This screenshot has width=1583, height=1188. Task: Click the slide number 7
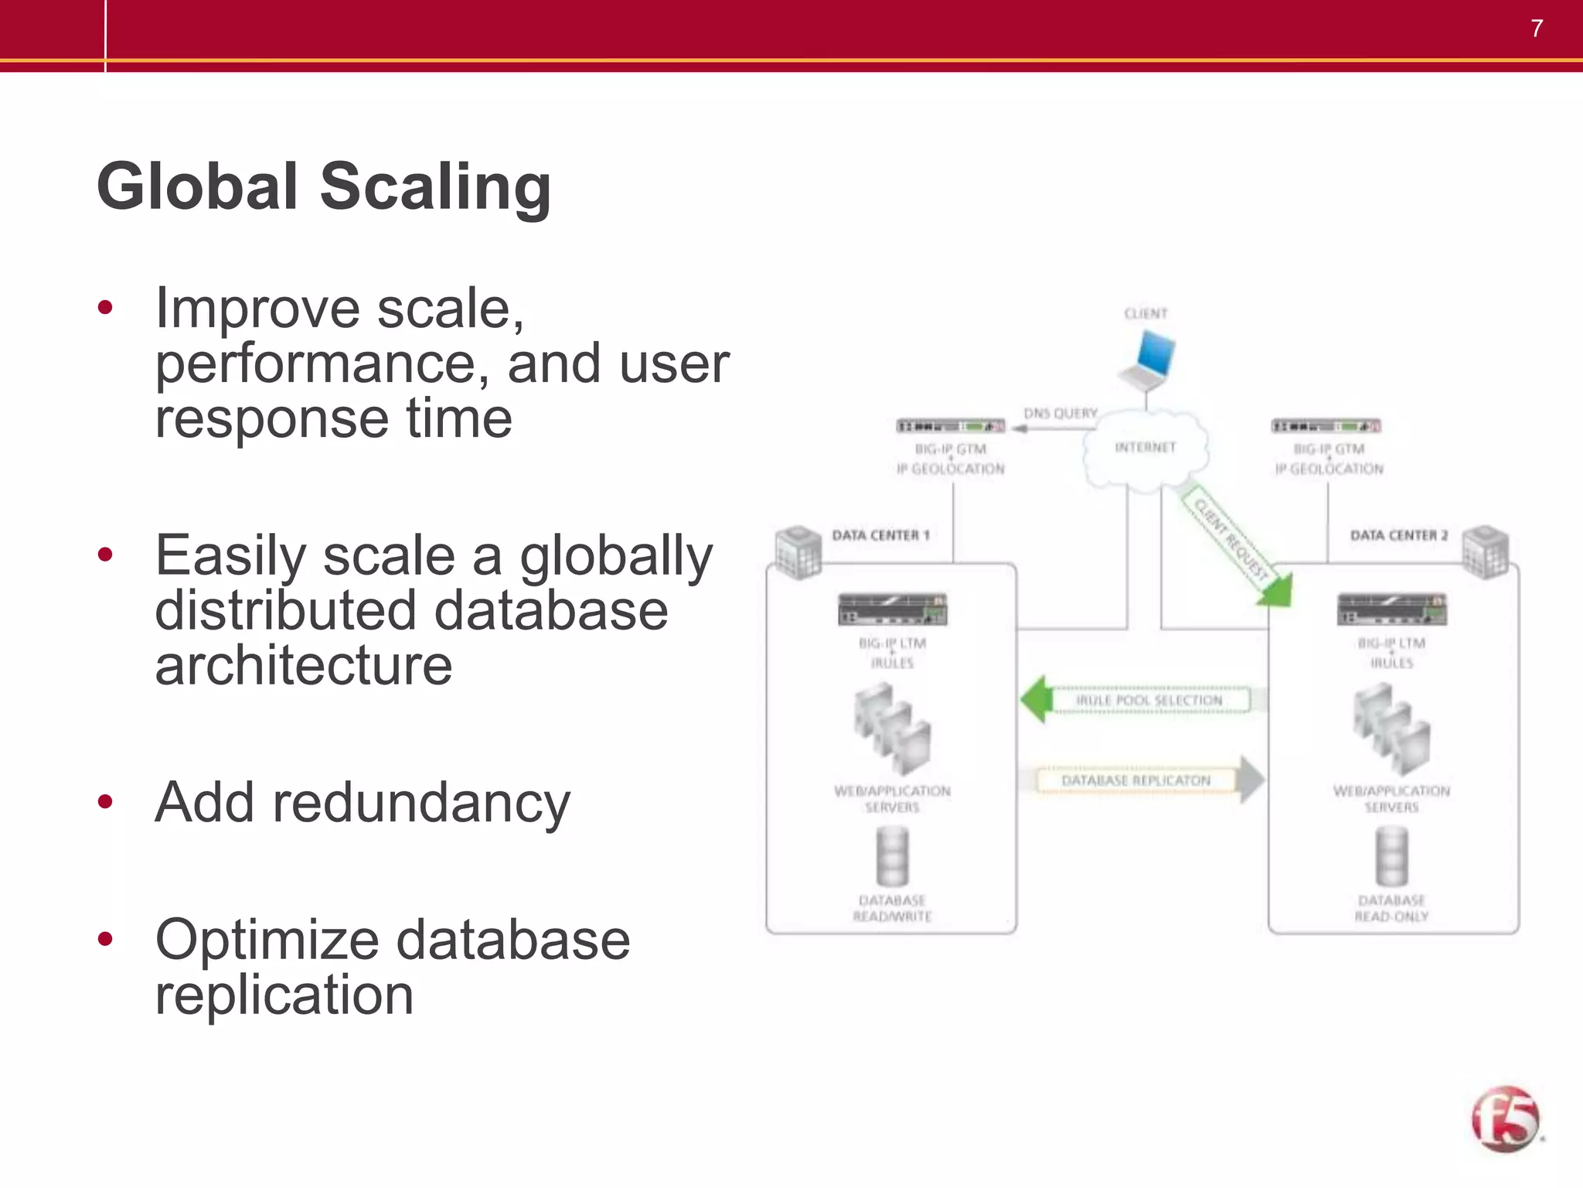(x=1537, y=29)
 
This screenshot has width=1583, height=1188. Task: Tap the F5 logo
(x=1505, y=1119)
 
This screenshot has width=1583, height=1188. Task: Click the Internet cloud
(x=1146, y=450)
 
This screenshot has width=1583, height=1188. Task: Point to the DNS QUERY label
(x=1060, y=414)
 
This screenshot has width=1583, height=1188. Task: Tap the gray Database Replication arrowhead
(x=1251, y=780)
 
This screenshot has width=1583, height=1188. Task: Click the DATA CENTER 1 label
(x=880, y=535)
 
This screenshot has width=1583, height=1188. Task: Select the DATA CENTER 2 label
(x=1398, y=535)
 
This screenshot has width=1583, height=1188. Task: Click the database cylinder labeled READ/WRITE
(x=892, y=856)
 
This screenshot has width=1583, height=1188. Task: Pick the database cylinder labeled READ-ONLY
(x=1391, y=856)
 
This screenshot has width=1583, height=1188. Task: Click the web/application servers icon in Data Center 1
(x=892, y=730)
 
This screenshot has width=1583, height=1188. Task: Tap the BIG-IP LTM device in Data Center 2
(x=1391, y=609)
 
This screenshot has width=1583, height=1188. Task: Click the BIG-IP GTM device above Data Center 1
(x=951, y=426)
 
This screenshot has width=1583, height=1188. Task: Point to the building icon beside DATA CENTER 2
(x=1486, y=551)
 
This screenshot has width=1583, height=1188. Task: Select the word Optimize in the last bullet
(x=267, y=940)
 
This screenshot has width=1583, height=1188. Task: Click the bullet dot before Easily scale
(x=106, y=555)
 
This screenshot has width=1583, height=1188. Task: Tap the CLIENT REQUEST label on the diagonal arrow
(x=1231, y=539)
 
